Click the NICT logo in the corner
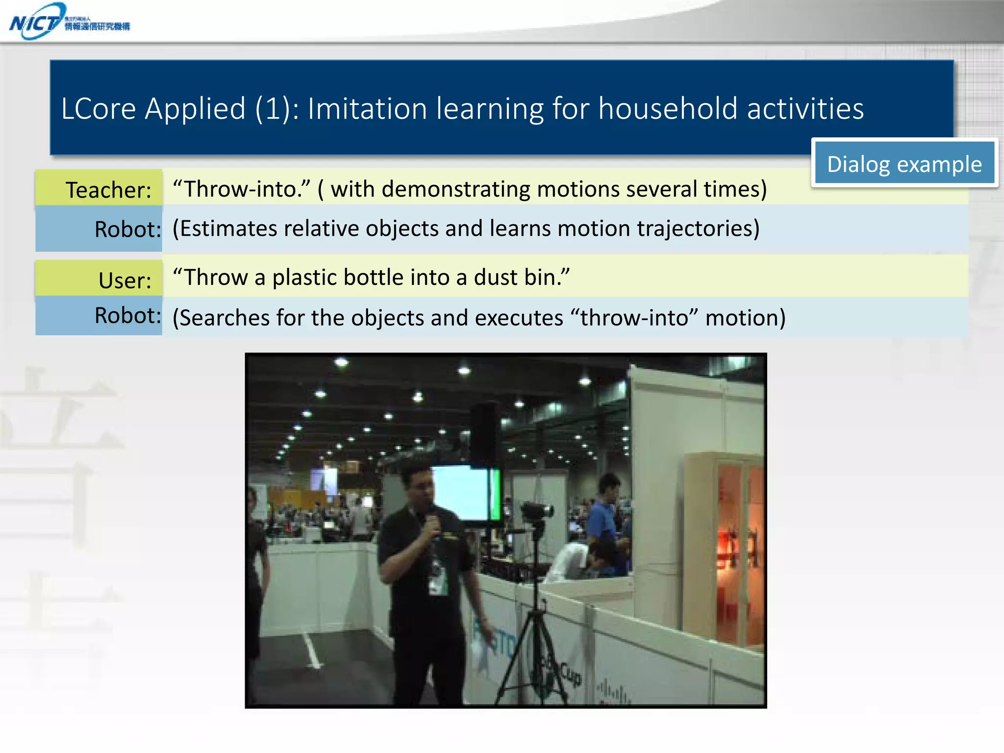pos(69,22)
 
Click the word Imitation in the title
pos(367,108)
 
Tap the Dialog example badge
pos(904,164)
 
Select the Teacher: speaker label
pos(108,190)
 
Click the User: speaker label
pos(125,280)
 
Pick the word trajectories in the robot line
pos(696,228)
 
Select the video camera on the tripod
pos(537,512)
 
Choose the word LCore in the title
pos(98,108)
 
